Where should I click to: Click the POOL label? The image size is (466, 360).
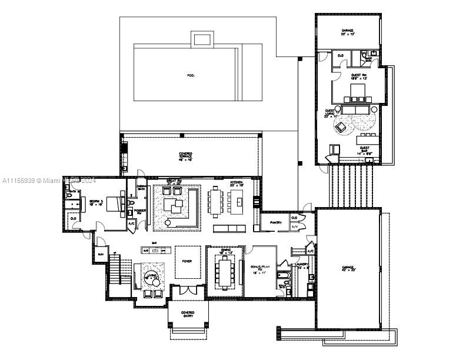coord(190,75)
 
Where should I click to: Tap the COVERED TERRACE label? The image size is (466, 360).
coord(186,156)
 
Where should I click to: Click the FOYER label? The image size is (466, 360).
coord(187,261)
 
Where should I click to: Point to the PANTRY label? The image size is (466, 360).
coord(276,223)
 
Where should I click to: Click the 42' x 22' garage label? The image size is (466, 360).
coord(348,268)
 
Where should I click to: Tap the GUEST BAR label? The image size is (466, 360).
coord(365,150)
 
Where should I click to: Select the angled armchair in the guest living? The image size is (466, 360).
coord(340,127)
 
